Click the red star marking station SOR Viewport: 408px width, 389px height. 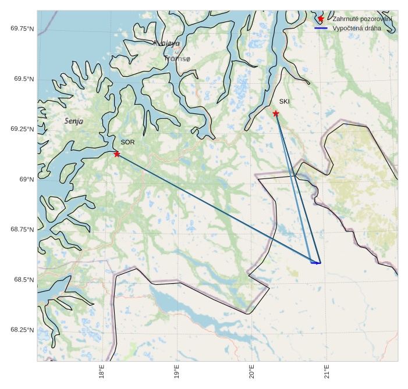pos(117,154)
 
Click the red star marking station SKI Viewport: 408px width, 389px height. pos(276,113)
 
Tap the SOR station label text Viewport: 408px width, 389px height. pos(127,142)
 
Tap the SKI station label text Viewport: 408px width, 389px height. pos(284,102)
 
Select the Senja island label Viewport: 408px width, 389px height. pos(74,121)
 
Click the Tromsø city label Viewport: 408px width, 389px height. pos(177,59)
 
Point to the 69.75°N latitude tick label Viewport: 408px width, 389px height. pos(22,28)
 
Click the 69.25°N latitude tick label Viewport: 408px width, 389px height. pos(22,129)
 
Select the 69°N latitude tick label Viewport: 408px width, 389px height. pos(27,180)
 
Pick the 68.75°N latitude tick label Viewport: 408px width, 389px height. pos(22,230)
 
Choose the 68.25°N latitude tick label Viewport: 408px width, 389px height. pos(22,330)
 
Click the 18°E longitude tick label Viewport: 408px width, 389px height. pos(102,372)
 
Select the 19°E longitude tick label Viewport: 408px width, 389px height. pos(176,372)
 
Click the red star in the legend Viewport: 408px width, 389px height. pos(321,19)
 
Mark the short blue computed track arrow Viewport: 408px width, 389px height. pos(315,263)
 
